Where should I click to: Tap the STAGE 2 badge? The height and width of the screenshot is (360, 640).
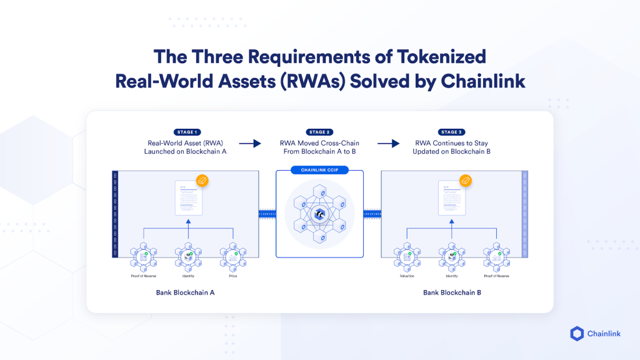tap(317, 132)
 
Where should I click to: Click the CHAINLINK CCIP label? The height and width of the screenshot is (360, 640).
tap(319, 170)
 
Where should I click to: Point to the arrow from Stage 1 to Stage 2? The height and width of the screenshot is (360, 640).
tap(250, 144)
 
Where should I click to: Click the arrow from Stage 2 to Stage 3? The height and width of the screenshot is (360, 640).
tap(388, 144)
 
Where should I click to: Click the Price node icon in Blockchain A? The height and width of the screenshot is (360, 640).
tap(232, 256)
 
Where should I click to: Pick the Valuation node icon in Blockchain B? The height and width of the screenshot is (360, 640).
tap(407, 256)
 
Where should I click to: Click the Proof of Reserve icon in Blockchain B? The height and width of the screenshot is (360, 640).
tap(496, 256)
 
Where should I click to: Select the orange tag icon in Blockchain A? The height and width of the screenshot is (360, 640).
tap(202, 181)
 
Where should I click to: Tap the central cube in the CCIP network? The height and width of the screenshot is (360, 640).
tap(319, 214)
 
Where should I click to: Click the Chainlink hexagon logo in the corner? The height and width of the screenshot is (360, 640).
tap(577, 333)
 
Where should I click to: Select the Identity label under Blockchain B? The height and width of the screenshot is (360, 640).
tap(452, 276)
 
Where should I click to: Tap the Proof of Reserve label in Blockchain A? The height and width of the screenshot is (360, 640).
tap(143, 276)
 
